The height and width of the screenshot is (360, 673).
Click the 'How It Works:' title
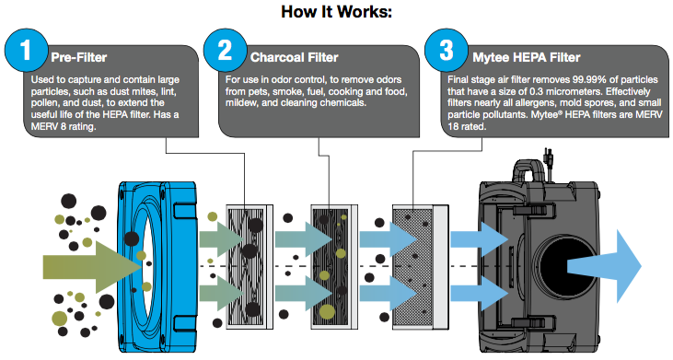(x=337, y=12)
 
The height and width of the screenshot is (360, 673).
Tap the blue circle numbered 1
(x=26, y=51)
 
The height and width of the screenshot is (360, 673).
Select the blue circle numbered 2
(x=225, y=51)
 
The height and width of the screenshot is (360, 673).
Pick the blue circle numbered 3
(x=447, y=51)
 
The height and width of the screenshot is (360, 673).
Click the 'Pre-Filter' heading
(x=79, y=57)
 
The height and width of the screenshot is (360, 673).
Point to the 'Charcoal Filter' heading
(x=295, y=57)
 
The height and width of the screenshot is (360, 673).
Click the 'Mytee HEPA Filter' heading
(x=527, y=57)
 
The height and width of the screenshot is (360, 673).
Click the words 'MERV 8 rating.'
(x=64, y=126)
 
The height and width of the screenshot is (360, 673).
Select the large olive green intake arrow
(x=92, y=267)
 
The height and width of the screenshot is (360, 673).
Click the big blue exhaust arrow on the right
(x=604, y=266)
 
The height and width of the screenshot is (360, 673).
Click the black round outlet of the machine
(x=560, y=266)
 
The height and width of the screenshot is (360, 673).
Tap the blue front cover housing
(x=157, y=267)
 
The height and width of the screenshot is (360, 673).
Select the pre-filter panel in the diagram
(x=249, y=267)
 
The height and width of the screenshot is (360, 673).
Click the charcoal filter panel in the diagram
(x=334, y=267)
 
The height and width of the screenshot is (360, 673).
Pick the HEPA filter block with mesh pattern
(x=421, y=267)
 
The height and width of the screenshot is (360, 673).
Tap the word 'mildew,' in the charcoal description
(x=241, y=103)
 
